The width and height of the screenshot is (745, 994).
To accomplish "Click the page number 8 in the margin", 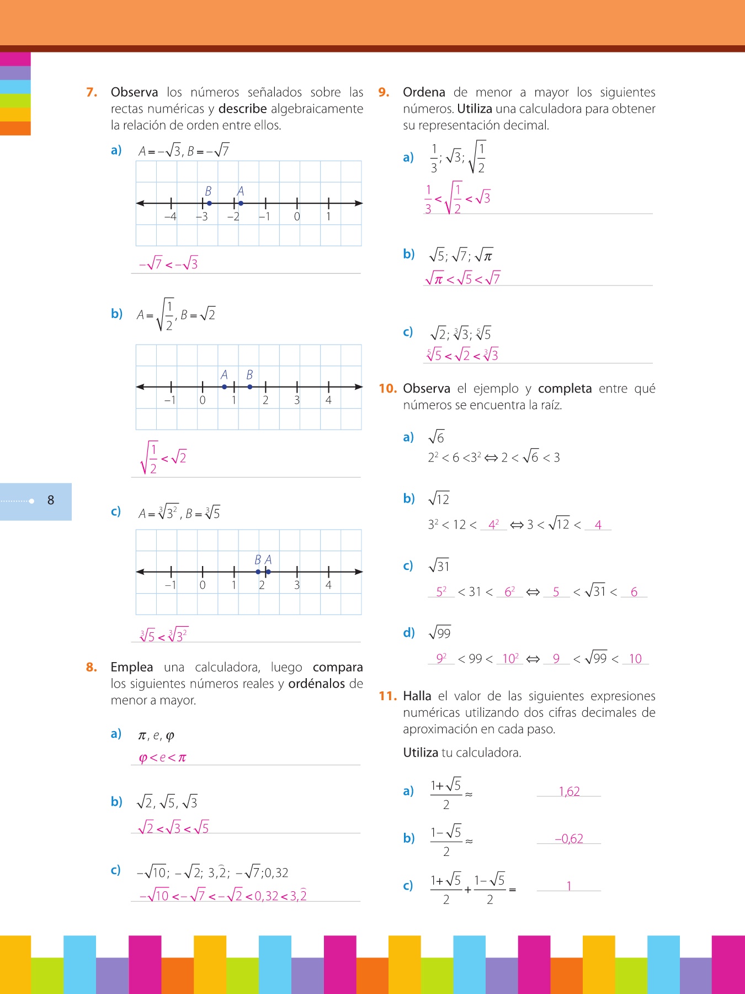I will pyautogui.click(x=51, y=500).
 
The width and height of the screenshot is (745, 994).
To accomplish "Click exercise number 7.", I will pyautogui.click(x=92, y=92).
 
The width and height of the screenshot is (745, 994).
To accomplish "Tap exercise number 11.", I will pyautogui.click(x=387, y=696).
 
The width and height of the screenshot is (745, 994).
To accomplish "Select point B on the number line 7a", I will pyautogui.click(x=209, y=203).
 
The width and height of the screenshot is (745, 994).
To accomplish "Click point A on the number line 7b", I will pyautogui.click(x=224, y=387).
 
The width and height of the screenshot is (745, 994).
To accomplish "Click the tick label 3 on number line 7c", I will pyautogui.click(x=297, y=585).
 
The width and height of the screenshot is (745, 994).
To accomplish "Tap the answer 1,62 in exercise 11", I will pyautogui.click(x=569, y=791).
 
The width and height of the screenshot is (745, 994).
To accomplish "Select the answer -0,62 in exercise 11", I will pyautogui.click(x=569, y=838).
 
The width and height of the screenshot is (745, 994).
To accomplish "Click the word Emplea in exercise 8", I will pyautogui.click(x=131, y=667).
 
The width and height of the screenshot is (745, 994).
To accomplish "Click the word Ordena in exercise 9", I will pyautogui.click(x=424, y=92).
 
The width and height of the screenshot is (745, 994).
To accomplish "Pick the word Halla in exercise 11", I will pyautogui.click(x=417, y=696).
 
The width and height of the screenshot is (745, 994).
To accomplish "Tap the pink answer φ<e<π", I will pyautogui.click(x=162, y=757).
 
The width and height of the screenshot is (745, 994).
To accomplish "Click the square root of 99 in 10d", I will pyautogui.click(x=440, y=632).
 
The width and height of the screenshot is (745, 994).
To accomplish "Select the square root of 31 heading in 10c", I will pyautogui.click(x=439, y=565).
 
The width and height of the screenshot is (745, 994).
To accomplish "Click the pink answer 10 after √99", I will pyautogui.click(x=635, y=658).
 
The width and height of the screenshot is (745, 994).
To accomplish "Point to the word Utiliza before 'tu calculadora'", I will pyautogui.click(x=420, y=752).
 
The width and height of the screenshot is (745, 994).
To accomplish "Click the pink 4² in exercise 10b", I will pyautogui.click(x=493, y=525).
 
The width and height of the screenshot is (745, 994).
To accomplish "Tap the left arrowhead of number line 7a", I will pyautogui.click(x=140, y=203).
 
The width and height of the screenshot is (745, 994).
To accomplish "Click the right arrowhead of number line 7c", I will pyautogui.click(x=359, y=572).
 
